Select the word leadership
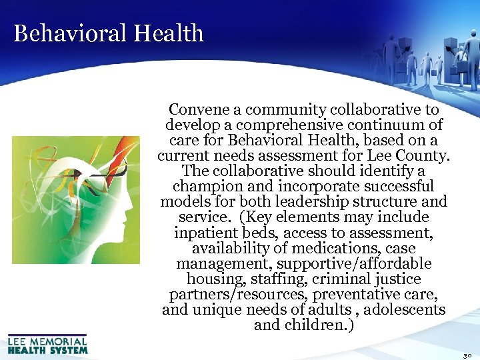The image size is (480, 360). [329, 201]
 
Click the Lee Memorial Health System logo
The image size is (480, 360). [47, 343]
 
